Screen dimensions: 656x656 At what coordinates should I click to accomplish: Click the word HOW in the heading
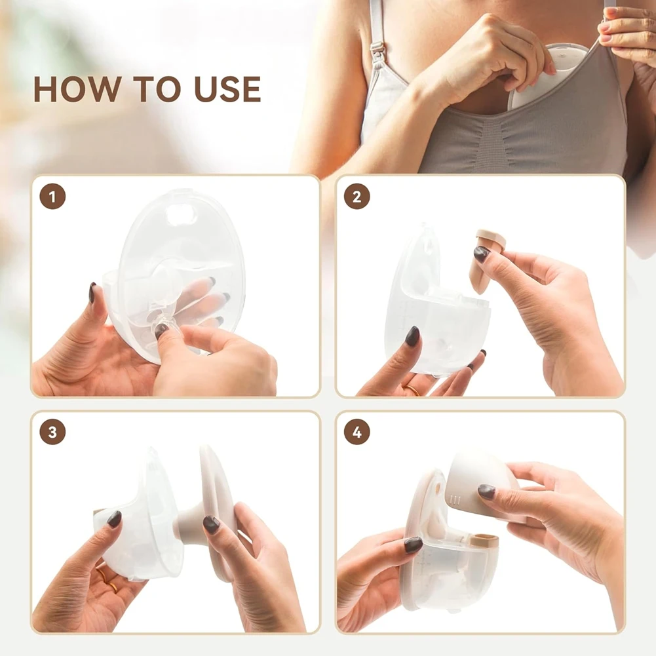tap(76, 89)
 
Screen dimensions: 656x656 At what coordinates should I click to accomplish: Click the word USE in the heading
tap(228, 89)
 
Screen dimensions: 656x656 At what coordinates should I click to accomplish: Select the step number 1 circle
tap(52, 197)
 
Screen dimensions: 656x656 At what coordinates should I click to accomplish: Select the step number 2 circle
tap(357, 197)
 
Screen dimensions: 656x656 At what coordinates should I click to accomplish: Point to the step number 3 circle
tap(52, 432)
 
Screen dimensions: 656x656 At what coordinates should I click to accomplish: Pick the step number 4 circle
tap(357, 432)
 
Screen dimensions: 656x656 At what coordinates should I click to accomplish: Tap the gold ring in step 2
tap(412, 390)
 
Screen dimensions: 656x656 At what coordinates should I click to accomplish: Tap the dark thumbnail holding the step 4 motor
tap(486, 491)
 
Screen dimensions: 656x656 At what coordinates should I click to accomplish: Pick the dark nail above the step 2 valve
tap(481, 254)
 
